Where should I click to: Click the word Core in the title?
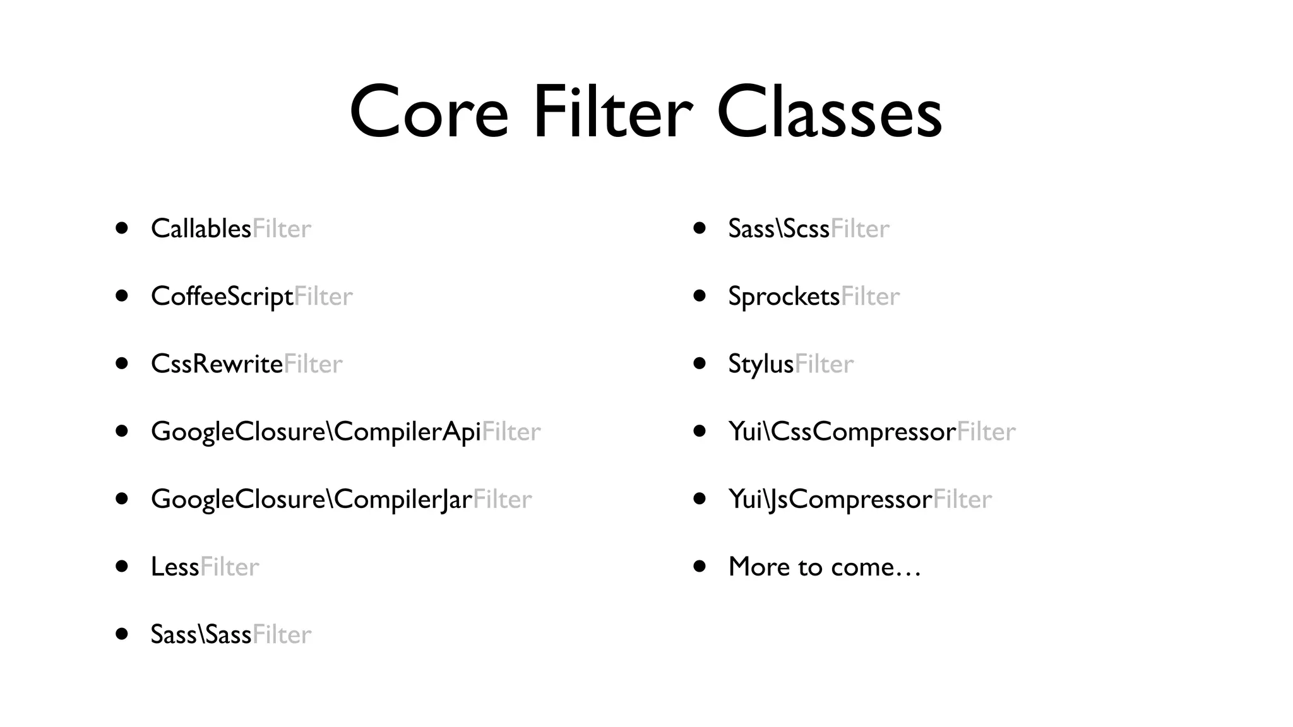click(x=429, y=112)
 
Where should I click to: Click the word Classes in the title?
click(x=829, y=112)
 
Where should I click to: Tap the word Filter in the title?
click(x=612, y=112)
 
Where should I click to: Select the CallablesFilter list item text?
click(x=231, y=228)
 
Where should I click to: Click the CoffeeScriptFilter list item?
click(x=251, y=296)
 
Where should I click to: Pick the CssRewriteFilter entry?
click(x=246, y=363)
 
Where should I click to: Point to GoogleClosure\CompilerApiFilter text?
click(x=345, y=432)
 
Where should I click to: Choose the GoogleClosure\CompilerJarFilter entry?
click(x=341, y=499)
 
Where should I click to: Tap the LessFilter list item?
click(x=205, y=567)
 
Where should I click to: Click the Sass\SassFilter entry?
click(x=231, y=634)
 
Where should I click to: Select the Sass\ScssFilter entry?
click(x=808, y=228)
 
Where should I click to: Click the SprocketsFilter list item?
click(x=813, y=296)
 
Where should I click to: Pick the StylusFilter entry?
click(x=790, y=363)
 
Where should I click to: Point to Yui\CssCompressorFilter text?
click(x=871, y=432)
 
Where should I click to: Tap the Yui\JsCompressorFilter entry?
click(x=860, y=499)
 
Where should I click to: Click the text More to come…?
click(x=825, y=567)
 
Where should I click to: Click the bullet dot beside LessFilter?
click(x=122, y=566)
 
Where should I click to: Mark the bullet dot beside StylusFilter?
click(x=699, y=363)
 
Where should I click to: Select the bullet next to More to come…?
click(x=699, y=566)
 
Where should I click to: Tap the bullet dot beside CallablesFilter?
click(x=122, y=228)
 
